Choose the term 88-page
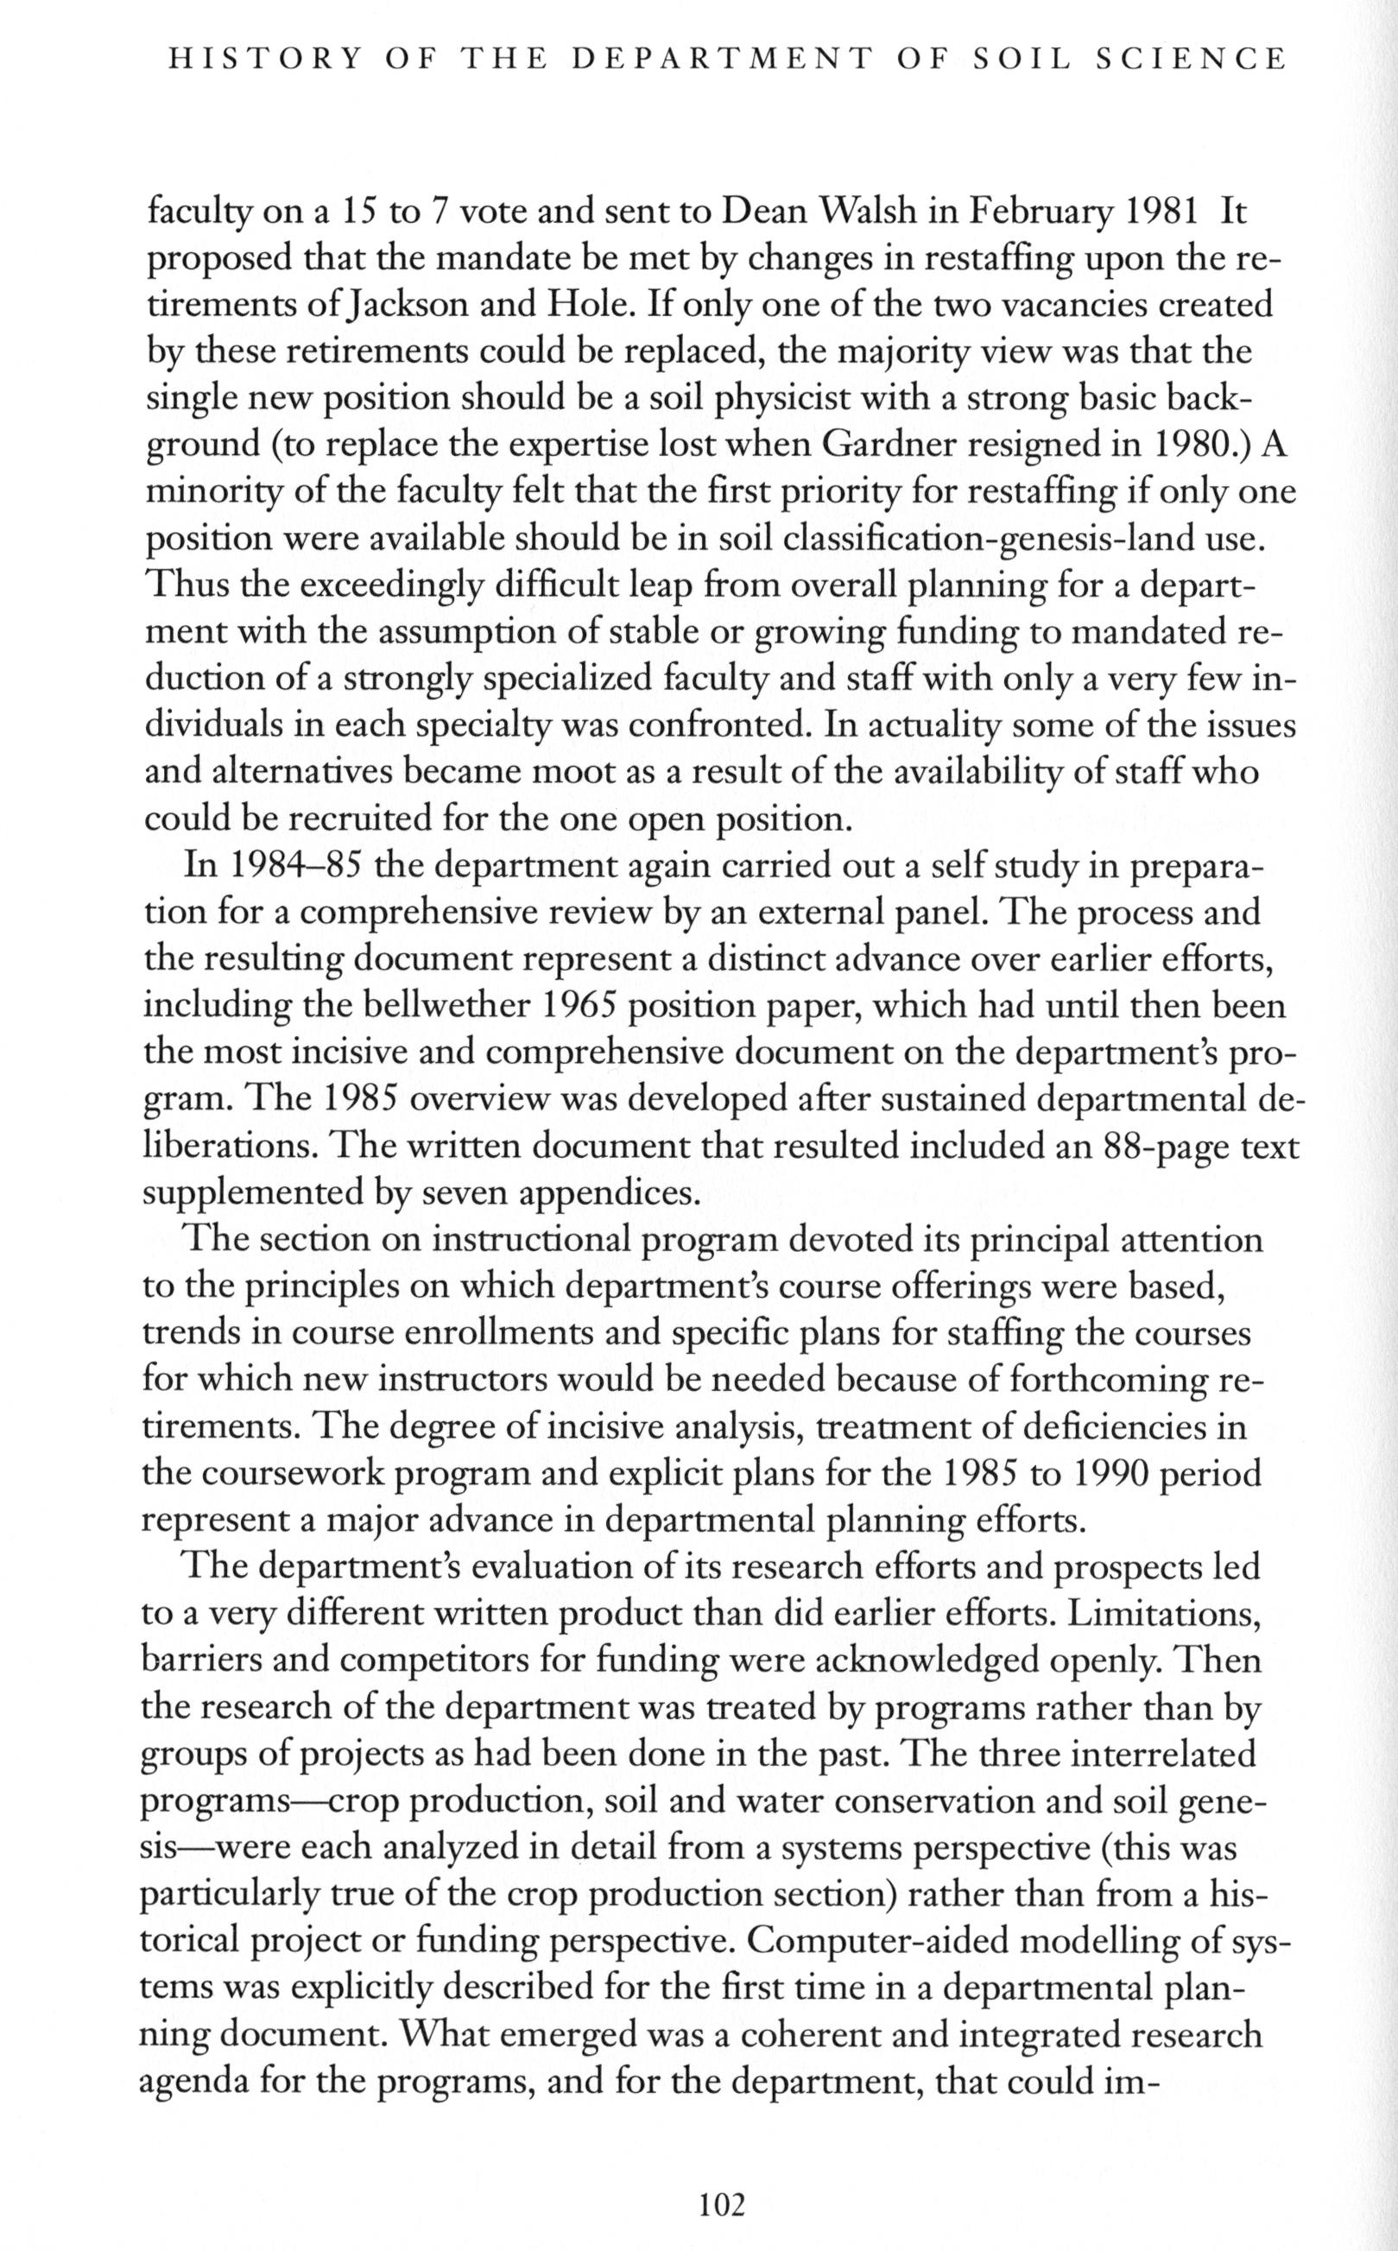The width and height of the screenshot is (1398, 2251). coord(1142,1147)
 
